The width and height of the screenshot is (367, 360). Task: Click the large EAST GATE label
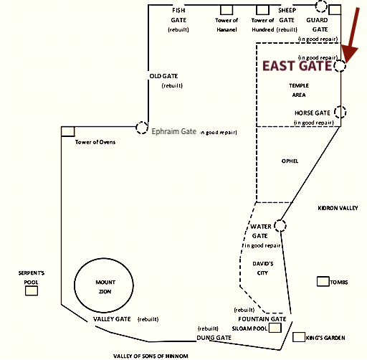tap(297, 66)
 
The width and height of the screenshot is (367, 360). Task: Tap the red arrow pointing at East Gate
tap(352, 36)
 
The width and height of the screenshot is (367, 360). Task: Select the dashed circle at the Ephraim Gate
tap(142, 128)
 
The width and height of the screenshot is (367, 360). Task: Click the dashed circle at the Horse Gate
tap(340, 112)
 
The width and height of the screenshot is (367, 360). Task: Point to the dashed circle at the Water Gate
tap(280, 225)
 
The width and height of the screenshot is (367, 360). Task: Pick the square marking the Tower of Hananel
tap(227, 10)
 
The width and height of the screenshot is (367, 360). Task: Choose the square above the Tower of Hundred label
tap(262, 10)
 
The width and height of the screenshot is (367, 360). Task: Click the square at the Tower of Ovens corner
tap(68, 131)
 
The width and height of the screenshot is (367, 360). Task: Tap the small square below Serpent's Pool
tap(32, 291)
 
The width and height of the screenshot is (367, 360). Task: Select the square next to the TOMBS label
tap(323, 281)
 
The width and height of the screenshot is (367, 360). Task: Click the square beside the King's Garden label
tap(299, 337)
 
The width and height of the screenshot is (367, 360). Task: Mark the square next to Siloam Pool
tap(275, 328)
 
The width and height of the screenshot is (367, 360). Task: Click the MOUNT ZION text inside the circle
tap(105, 287)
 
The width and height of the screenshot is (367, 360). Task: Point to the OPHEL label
tap(290, 161)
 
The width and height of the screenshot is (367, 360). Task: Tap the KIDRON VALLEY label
tap(338, 208)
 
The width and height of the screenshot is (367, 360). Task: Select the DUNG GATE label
tap(214, 338)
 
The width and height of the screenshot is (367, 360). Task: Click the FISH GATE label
tap(178, 15)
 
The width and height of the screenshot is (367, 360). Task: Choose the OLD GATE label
tap(163, 76)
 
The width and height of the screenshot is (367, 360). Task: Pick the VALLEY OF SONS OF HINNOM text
tap(151, 356)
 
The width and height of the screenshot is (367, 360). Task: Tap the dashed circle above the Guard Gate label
tap(321, 6)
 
